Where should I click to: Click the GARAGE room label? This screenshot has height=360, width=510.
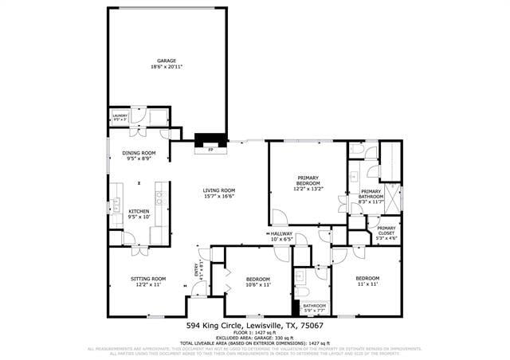166,61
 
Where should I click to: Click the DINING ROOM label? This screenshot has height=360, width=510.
139,153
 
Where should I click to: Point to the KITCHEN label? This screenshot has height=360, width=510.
139,211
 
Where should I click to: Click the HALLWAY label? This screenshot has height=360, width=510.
282,233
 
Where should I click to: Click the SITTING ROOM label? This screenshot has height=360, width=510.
147,279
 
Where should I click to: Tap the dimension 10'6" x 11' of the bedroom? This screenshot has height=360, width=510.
258,284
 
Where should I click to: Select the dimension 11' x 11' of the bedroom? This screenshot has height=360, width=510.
367,284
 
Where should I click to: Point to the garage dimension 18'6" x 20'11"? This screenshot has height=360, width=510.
166,67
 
